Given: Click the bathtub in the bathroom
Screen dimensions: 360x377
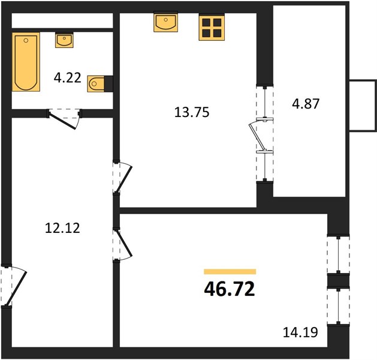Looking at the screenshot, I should point(26,62).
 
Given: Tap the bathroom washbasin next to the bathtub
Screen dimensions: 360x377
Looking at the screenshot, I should point(64,40).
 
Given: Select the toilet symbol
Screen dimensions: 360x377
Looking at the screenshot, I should point(98,84).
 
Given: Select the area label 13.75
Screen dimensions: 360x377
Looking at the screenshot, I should point(192,112).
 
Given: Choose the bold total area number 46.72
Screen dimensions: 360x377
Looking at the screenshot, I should point(230,289).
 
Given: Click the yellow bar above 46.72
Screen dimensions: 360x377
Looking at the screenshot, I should point(230,272).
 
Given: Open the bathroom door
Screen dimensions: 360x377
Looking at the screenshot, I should point(64,118).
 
